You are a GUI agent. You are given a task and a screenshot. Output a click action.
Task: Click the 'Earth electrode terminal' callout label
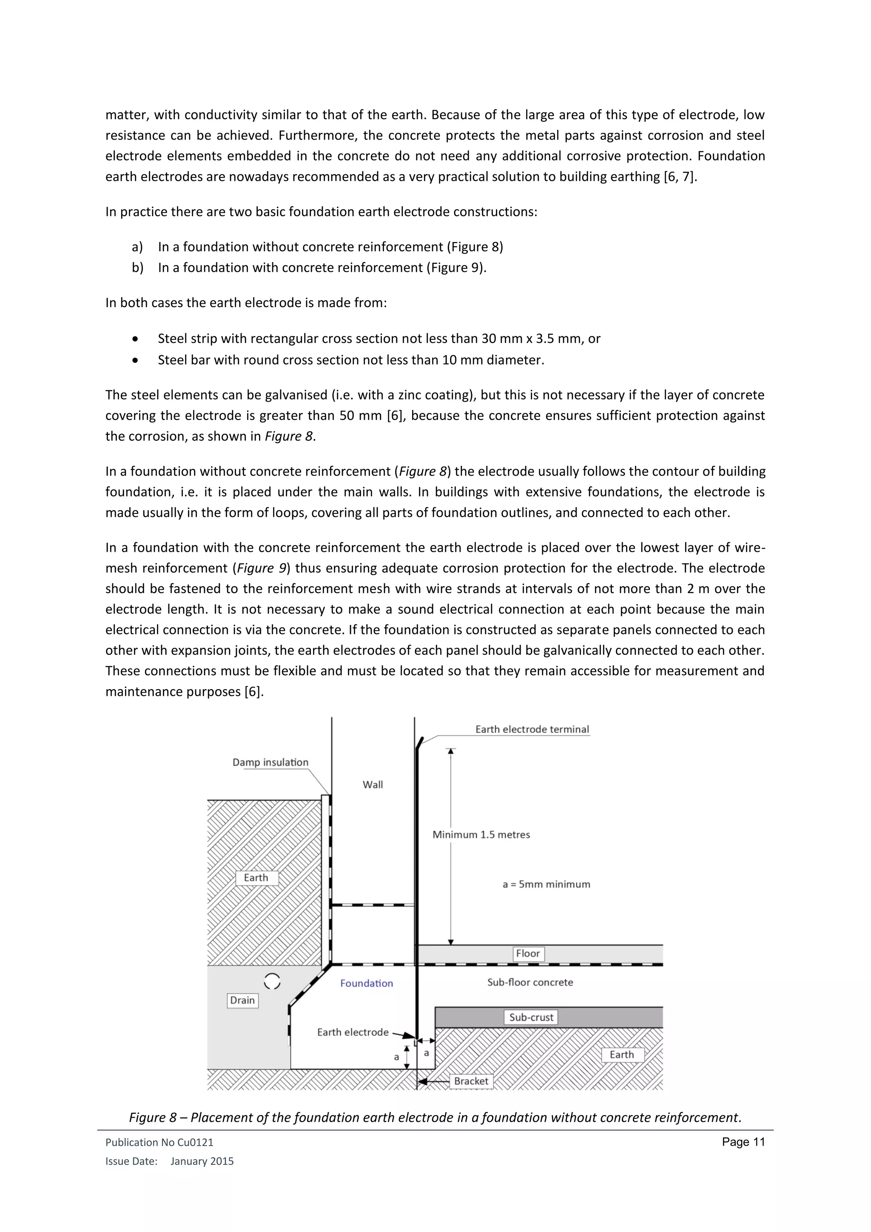tap(532, 729)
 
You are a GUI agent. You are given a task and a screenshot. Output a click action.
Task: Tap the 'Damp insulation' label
tap(270, 762)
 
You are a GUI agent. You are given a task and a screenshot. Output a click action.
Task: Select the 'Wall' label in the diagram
tap(373, 784)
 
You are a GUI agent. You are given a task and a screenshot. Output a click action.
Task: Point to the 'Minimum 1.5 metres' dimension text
tap(481, 834)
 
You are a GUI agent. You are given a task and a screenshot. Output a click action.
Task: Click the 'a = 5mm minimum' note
tap(546, 884)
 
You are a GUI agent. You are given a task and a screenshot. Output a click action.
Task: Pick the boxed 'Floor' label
tap(528, 953)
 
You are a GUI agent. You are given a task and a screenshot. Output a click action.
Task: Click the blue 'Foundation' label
tap(366, 983)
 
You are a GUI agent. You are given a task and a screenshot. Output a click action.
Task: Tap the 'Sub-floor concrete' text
tap(530, 982)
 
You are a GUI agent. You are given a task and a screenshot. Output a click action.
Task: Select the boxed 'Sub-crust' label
tap(531, 1017)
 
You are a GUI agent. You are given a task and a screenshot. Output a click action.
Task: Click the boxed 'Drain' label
tap(242, 1000)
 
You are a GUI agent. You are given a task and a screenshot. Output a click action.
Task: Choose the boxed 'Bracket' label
tap(471, 1081)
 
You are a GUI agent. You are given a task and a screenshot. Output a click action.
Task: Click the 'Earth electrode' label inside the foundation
tap(353, 1032)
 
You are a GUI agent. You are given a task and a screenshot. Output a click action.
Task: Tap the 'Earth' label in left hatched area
tap(256, 878)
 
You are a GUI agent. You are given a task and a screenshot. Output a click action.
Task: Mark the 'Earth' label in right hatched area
tap(622, 1055)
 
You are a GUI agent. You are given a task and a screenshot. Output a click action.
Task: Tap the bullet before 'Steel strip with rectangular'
tap(135, 339)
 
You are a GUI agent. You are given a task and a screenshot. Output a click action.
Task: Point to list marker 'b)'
tap(137, 267)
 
